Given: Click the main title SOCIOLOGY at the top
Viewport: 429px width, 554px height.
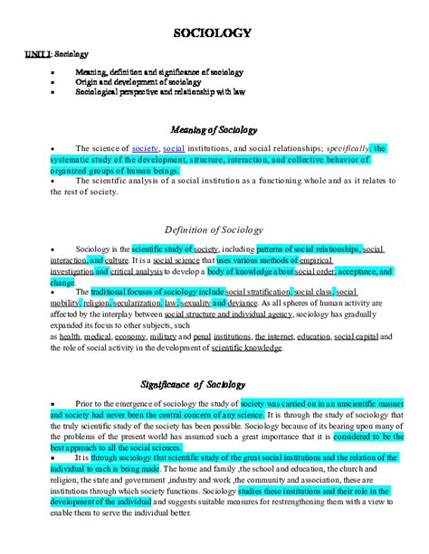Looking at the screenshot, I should (x=214, y=33).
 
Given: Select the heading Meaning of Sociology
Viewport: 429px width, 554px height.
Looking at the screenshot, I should (x=214, y=129).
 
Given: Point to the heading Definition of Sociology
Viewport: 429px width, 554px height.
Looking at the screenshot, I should (x=214, y=229).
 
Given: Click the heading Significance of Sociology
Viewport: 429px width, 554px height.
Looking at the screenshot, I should (x=214, y=382).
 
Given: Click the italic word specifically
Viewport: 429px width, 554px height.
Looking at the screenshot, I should (x=343, y=148).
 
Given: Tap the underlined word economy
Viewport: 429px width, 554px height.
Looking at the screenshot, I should (x=131, y=336).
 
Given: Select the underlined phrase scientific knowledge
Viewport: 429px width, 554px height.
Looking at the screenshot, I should (x=270, y=347).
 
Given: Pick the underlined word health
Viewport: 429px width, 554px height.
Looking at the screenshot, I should (x=70, y=336).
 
